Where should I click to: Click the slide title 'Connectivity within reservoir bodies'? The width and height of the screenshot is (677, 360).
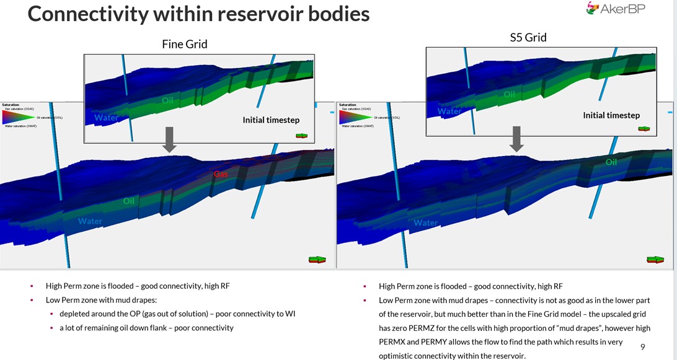point(198,14)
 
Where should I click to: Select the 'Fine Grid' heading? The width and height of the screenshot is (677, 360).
point(185,44)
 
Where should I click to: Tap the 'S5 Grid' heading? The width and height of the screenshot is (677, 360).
point(527,37)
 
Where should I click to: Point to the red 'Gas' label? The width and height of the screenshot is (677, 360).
point(221,174)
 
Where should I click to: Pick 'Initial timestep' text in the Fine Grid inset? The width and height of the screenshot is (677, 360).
point(271,120)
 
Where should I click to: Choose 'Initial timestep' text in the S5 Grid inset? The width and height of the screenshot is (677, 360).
point(611,115)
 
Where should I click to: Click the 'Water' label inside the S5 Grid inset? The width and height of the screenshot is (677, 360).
point(449,112)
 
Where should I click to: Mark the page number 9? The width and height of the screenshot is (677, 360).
point(642,347)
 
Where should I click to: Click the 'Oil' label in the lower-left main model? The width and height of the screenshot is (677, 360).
point(129,201)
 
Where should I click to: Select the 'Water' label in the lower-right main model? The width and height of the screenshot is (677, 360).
point(425,222)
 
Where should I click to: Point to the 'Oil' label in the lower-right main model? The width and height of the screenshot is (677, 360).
point(611,162)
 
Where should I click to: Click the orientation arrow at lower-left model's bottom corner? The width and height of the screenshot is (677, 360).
point(317,260)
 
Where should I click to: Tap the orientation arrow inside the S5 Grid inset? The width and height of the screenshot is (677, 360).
point(644,129)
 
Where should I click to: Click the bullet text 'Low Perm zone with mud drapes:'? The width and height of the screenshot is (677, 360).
point(103,300)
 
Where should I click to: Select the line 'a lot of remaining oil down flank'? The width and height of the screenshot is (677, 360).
point(146,327)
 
